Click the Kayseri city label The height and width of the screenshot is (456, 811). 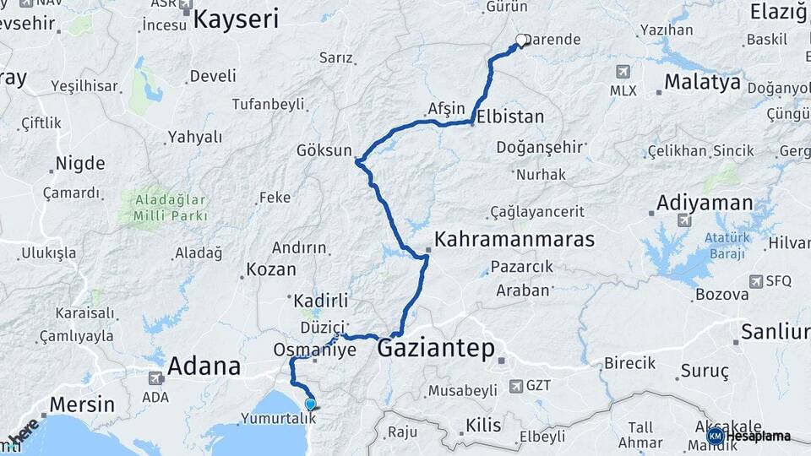click(236, 19)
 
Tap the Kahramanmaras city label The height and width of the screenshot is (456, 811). click(514, 239)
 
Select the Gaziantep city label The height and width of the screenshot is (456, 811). click(436, 348)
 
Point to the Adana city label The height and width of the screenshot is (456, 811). click(204, 366)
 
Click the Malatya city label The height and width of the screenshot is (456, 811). click(702, 83)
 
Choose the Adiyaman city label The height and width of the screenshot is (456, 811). click(705, 203)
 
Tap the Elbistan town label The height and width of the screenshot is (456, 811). click(510, 117)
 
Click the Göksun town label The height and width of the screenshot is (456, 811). click(324, 151)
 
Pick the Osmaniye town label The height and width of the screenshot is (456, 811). click(315, 349)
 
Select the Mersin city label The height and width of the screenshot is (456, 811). click(82, 404)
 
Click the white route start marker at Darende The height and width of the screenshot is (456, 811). click(521, 39)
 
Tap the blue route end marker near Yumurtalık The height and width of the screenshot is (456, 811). click(310, 404)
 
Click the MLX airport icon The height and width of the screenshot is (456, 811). click(623, 71)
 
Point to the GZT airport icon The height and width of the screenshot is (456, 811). click(516, 386)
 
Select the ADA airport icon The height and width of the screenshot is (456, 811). click(155, 378)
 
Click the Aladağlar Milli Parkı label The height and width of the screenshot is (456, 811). click(170, 208)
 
